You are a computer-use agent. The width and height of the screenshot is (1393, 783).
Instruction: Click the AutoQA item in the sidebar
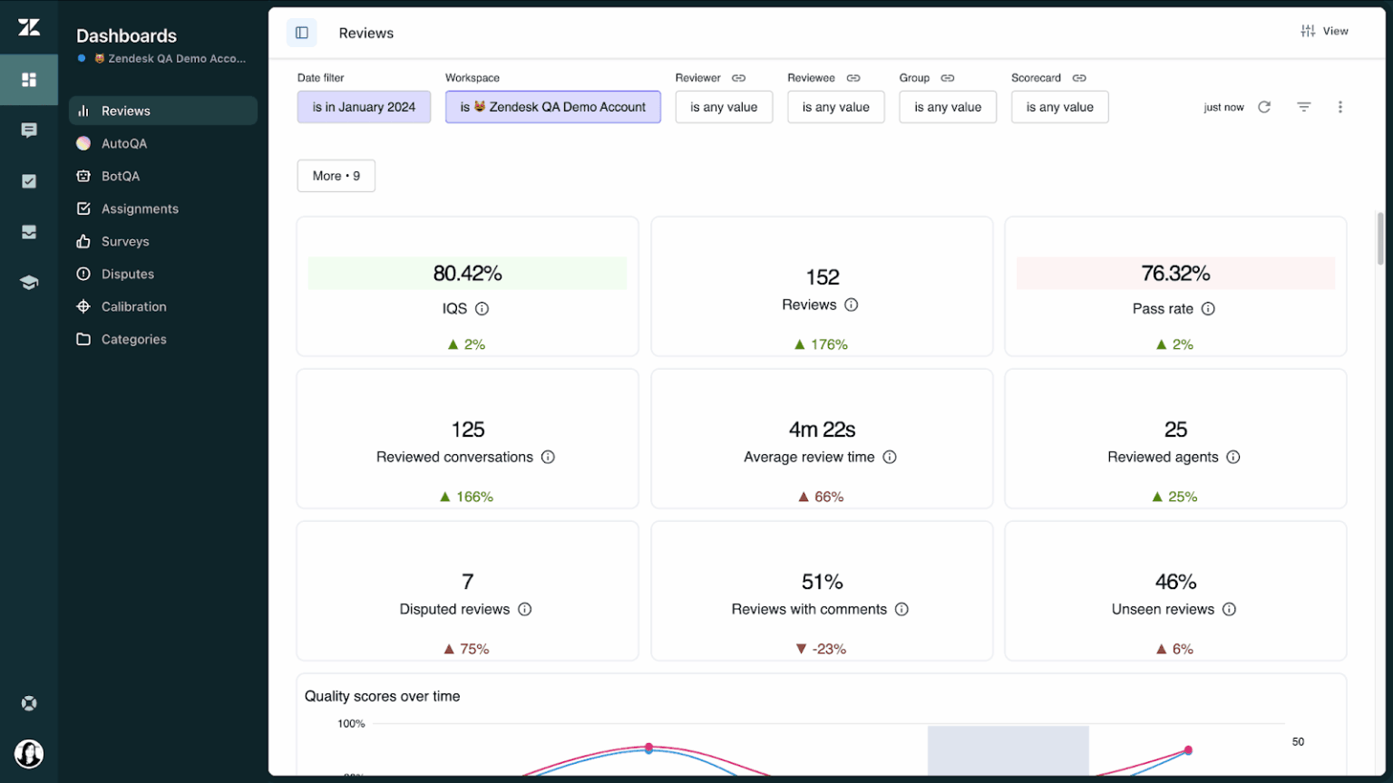[x=123, y=143]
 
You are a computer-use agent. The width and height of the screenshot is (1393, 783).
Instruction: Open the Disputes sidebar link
[x=127, y=274]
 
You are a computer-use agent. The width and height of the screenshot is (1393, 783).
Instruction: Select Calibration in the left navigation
[x=133, y=306]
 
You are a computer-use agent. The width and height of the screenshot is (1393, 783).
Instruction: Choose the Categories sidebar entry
[x=133, y=339]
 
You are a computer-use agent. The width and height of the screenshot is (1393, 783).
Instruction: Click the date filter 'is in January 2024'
[x=364, y=107]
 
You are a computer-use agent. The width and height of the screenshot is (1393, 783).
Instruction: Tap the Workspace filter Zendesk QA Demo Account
[x=552, y=107]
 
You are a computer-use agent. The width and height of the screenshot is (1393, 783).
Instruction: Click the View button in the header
[x=1325, y=31]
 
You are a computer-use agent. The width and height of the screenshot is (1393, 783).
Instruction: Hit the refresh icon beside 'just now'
[x=1264, y=107]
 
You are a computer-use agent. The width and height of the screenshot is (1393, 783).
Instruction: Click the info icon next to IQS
[x=482, y=309]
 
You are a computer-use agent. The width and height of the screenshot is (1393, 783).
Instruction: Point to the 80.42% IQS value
[x=467, y=274]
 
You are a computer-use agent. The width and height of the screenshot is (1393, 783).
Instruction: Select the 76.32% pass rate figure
[x=1175, y=274]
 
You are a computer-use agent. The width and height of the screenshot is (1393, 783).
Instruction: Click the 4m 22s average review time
[x=822, y=430]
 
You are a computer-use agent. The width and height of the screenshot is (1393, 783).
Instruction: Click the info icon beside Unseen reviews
[x=1229, y=610]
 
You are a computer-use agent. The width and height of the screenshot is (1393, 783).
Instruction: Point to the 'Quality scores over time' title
[x=382, y=696]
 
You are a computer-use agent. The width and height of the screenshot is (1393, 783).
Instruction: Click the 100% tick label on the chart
[x=351, y=724]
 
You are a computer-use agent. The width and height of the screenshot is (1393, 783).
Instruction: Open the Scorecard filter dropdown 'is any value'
[x=1059, y=107]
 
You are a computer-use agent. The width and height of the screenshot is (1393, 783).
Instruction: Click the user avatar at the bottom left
[x=29, y=753]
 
